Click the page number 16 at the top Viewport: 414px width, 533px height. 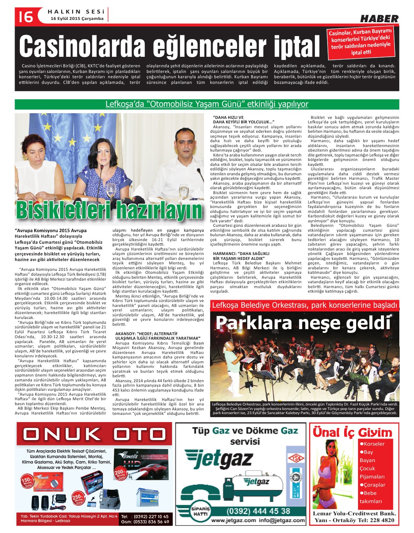tap(24, 17)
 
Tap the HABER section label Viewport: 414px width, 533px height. tap(379, 18)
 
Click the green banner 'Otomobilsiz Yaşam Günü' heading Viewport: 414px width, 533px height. tap(207, 104)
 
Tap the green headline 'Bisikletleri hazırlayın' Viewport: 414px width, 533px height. tap(109, 210)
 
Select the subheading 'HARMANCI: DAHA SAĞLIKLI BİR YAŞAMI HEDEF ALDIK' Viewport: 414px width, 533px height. tap(240, 256)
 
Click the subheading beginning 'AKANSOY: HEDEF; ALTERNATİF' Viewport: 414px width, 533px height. tap(158, 336)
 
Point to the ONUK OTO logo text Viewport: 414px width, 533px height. tap(94, 434)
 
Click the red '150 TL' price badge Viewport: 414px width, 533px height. tap(26, 481)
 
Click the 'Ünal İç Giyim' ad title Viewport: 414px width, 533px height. tap(352, 433)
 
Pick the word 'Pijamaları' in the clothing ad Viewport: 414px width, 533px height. tap(372, 477)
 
